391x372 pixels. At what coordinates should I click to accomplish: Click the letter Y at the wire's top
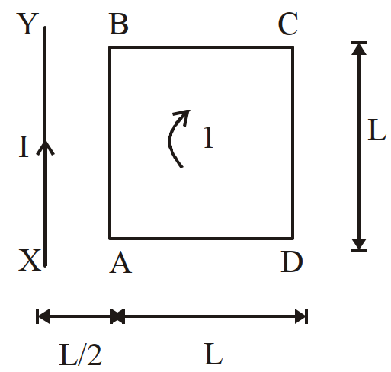27,24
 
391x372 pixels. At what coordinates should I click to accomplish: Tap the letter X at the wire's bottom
30,260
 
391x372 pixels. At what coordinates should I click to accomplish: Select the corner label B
118,24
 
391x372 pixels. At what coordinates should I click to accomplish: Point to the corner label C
288,24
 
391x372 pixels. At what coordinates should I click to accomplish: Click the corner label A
120,262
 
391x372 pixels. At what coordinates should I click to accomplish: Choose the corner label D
292,261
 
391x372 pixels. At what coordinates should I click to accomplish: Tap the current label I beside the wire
24,146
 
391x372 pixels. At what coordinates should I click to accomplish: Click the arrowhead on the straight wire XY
45,147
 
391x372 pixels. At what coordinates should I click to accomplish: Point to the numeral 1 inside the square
208,137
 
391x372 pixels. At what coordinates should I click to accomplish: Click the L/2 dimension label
81,354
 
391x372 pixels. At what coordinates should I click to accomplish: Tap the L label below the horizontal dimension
213,354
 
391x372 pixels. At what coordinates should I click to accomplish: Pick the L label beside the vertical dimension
377,130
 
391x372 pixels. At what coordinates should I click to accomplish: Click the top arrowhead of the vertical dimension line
359,49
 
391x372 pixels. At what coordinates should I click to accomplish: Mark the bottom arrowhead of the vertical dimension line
359,244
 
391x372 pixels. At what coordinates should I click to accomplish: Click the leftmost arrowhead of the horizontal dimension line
43,316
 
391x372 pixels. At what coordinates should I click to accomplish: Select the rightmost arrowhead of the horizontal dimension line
300,316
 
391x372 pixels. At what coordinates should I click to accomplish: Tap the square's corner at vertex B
110,47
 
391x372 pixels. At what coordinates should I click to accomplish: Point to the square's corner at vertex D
293,239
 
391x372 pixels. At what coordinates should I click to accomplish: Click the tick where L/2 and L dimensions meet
117,316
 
